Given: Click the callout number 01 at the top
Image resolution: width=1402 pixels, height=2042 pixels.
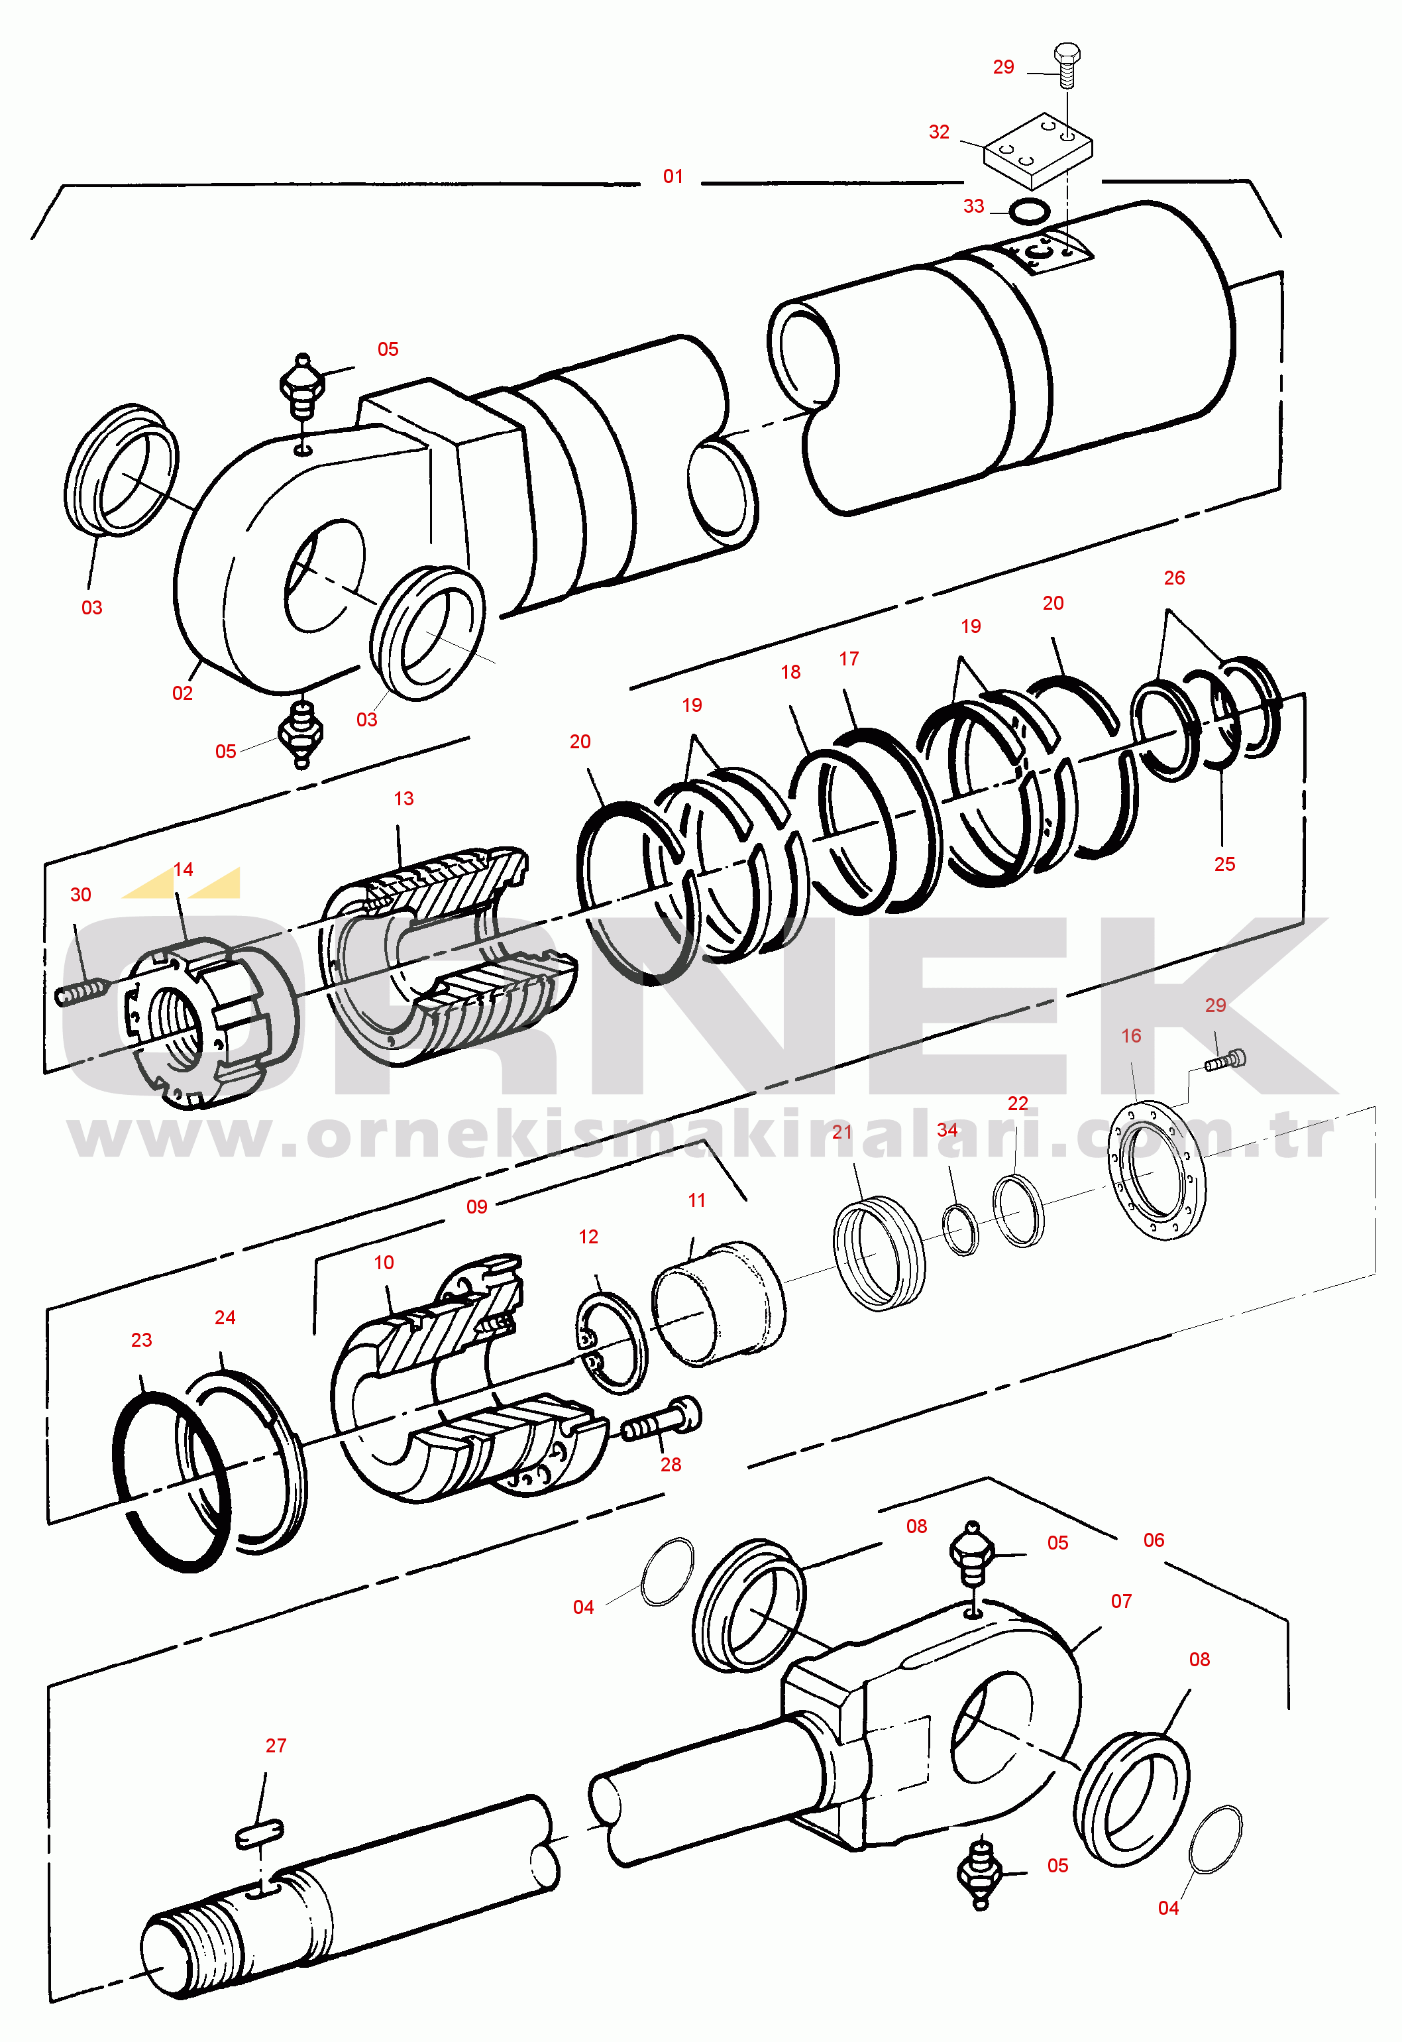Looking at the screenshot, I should [x=673, y=176].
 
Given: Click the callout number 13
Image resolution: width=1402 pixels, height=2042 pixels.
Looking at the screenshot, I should [x=404, y=799].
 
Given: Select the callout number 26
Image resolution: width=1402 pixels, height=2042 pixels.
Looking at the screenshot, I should [x=1175, y=578].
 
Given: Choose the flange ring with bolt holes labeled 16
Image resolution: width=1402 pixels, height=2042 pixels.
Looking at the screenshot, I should [x=1156, y=1170].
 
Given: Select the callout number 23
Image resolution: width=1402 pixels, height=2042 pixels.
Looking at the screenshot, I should [x=141, y=1340].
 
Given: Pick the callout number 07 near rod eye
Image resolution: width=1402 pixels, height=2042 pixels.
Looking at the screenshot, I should [x=1122, y=1601].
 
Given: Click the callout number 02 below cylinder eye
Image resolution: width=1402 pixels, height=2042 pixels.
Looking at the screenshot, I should [x=182, y=693].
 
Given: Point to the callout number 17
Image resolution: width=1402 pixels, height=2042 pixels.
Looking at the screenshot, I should [x=849, y=659].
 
